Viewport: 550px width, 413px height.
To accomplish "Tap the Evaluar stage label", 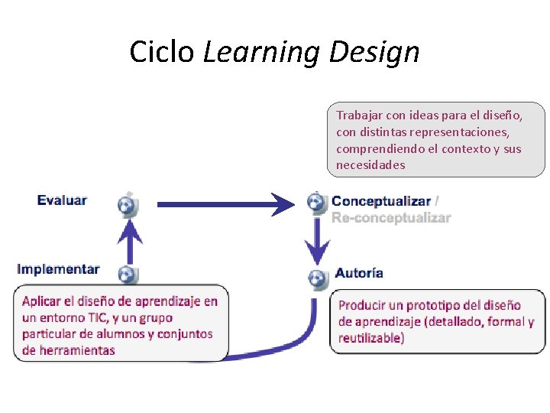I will (x=62, y=200).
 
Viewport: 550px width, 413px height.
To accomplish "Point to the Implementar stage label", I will (x=58, y=269).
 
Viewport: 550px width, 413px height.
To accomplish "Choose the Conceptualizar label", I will (x=381, y=201).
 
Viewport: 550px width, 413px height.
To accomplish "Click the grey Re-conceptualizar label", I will (x=391, y=218).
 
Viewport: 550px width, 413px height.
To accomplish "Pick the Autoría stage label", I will (x=359, y=273).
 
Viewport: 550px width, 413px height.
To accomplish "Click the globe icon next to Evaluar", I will (x=127, y=204).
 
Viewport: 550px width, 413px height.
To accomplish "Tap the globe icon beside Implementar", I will (x=127, y=274).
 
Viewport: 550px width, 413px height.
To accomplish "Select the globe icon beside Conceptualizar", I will (x=315, y=202).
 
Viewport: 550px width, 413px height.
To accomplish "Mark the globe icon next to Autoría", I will (x=315, y=278).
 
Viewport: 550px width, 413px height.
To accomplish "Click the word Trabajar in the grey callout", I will (x=360, y=115).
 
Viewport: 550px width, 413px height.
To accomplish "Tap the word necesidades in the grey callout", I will (x=370, y=165).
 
